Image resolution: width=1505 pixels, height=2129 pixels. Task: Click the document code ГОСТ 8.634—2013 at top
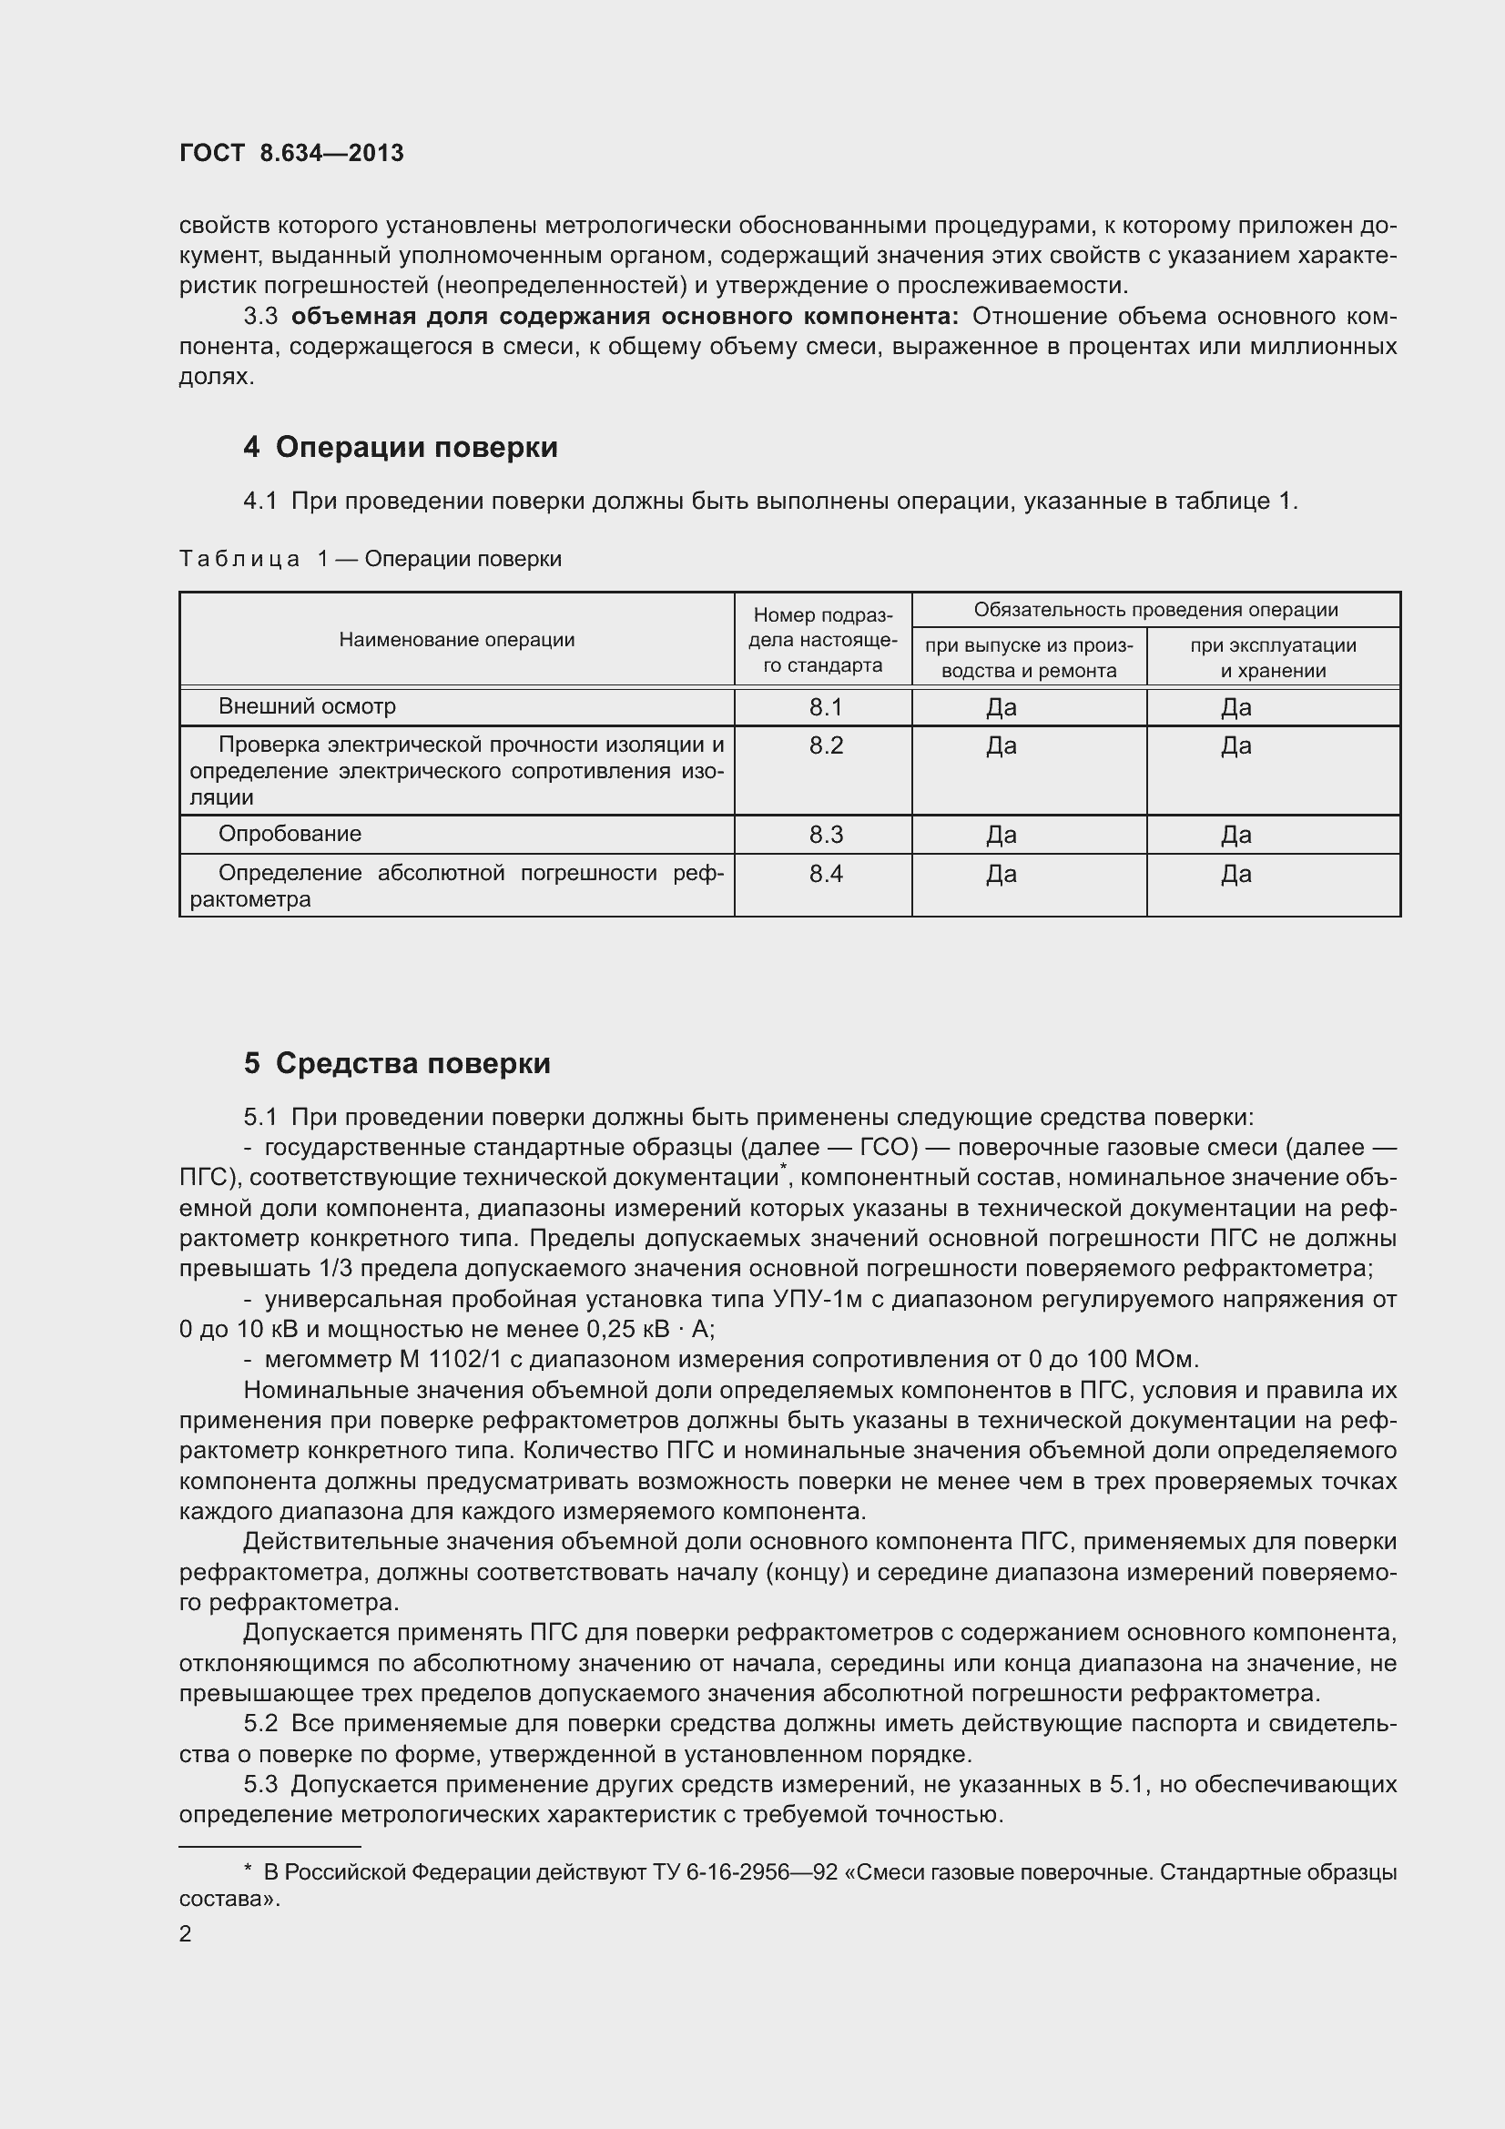[291, 153]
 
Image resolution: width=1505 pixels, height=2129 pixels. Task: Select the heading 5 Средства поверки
[397, 1062]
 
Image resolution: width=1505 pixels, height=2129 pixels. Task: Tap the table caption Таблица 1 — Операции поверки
[369, 559]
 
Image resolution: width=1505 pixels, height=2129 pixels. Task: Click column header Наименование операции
[456, 640]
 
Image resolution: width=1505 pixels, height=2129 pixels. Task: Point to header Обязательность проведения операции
[1155, 610]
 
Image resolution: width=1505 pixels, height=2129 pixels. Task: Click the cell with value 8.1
[824, 707]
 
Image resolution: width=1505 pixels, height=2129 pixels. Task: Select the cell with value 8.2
[824, 745]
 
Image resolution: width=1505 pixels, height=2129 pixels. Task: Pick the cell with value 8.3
[824, 835]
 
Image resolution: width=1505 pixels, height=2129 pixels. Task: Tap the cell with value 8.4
[824, 874]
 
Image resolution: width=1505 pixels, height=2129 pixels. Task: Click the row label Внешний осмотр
[307, 706]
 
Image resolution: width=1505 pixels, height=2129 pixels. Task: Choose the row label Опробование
[290, 834]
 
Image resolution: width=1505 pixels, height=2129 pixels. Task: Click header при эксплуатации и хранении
[1272, 657]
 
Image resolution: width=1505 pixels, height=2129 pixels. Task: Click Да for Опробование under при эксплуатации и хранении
[1236, 835]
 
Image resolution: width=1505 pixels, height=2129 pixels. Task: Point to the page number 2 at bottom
[186, 1933]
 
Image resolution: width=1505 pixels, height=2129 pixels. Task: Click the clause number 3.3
[260, 316]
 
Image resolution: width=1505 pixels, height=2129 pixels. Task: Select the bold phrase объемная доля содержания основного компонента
[624, 316]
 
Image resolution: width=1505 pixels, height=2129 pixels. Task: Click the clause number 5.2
[260, 1724]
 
